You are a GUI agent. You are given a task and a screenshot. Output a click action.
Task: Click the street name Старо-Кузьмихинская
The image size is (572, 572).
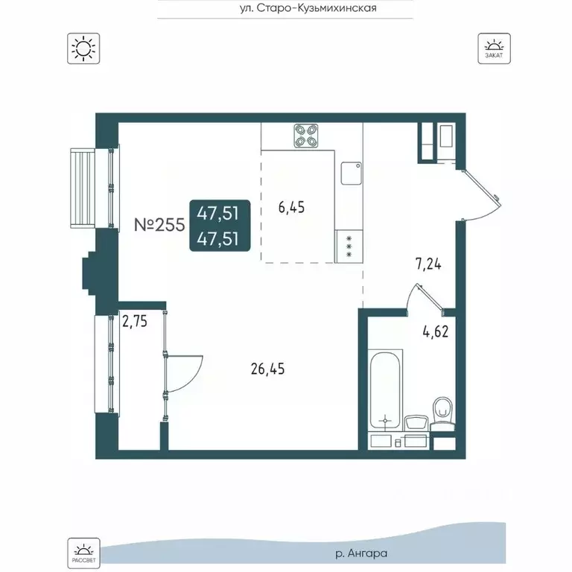tap(317, 8)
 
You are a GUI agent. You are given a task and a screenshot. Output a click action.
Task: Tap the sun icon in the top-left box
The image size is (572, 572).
tap(83, 48)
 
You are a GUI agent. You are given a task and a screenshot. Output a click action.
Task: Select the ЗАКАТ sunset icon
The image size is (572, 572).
tap(494, 48)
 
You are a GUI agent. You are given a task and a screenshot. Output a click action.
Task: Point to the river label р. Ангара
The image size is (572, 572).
tap(361, 554)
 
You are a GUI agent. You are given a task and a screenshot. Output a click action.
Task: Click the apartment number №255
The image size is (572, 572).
tap(159, 225)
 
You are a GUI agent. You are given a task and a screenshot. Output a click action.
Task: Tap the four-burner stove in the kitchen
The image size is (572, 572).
tap(306, 136)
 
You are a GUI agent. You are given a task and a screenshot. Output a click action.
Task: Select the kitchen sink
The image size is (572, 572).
tap(352, 174)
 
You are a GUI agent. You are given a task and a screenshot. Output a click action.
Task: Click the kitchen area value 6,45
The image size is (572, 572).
tap(291, 207)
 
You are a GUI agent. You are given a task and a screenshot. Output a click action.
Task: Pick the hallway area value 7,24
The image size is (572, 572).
tap(428, 264)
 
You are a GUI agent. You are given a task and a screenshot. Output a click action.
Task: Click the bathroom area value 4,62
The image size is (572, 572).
tap(436, 332)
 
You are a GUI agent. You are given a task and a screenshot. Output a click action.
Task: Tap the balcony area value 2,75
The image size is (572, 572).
tap(135, 322)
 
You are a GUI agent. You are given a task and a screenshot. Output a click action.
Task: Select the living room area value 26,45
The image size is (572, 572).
tap(268, 369)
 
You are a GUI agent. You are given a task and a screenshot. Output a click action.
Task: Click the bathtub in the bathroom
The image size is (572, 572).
tap(386, 390)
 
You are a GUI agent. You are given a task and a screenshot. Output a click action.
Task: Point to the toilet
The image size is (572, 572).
tap(442, 414)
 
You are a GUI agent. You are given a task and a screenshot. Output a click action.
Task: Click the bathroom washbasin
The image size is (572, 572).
tap(416, 424)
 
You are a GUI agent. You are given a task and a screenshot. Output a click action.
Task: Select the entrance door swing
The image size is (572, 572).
tap(481, 195)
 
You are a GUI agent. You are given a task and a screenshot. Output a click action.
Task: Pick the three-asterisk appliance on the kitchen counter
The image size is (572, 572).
tap(349, 247)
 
